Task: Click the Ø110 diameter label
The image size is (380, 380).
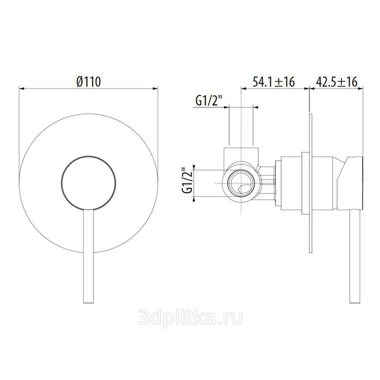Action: coord(88,81)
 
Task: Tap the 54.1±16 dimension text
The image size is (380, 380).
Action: coord(274,81)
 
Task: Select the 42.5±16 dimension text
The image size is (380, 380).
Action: coord(337,81)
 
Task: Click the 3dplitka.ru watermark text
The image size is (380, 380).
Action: coord(190,318)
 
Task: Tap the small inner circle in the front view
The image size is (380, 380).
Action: coord(88,182)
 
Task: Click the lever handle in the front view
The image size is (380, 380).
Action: coord(88,256)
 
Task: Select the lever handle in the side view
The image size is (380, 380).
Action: coord(355,256)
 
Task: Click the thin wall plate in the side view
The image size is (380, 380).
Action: coord(311,183)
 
